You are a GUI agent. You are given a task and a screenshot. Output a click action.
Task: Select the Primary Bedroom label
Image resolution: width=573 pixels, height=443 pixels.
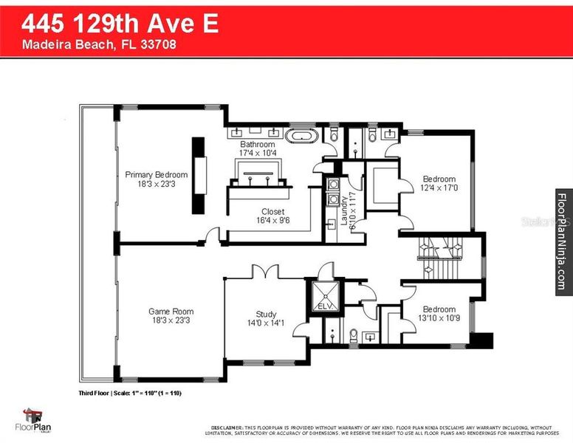(156, 175)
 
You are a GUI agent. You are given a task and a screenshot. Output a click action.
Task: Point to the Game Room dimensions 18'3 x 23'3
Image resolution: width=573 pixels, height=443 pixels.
(171, 320)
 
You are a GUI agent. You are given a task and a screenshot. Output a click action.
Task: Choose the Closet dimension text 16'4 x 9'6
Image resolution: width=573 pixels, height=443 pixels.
(272, 220)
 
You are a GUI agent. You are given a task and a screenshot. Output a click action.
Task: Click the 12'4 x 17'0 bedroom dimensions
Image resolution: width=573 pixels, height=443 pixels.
(439, 188)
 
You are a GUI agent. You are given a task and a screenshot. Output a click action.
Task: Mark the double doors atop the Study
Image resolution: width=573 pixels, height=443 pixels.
(264, 272)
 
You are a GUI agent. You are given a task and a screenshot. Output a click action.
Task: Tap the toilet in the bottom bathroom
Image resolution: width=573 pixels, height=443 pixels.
(353, 335)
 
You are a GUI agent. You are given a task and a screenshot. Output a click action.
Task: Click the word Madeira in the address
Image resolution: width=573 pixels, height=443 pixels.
(45, 44)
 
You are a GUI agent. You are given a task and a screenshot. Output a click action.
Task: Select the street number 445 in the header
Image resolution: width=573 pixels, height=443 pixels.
(41, 23)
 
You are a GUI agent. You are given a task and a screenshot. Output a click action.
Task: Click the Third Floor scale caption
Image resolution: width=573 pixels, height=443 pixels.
(129, 393)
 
